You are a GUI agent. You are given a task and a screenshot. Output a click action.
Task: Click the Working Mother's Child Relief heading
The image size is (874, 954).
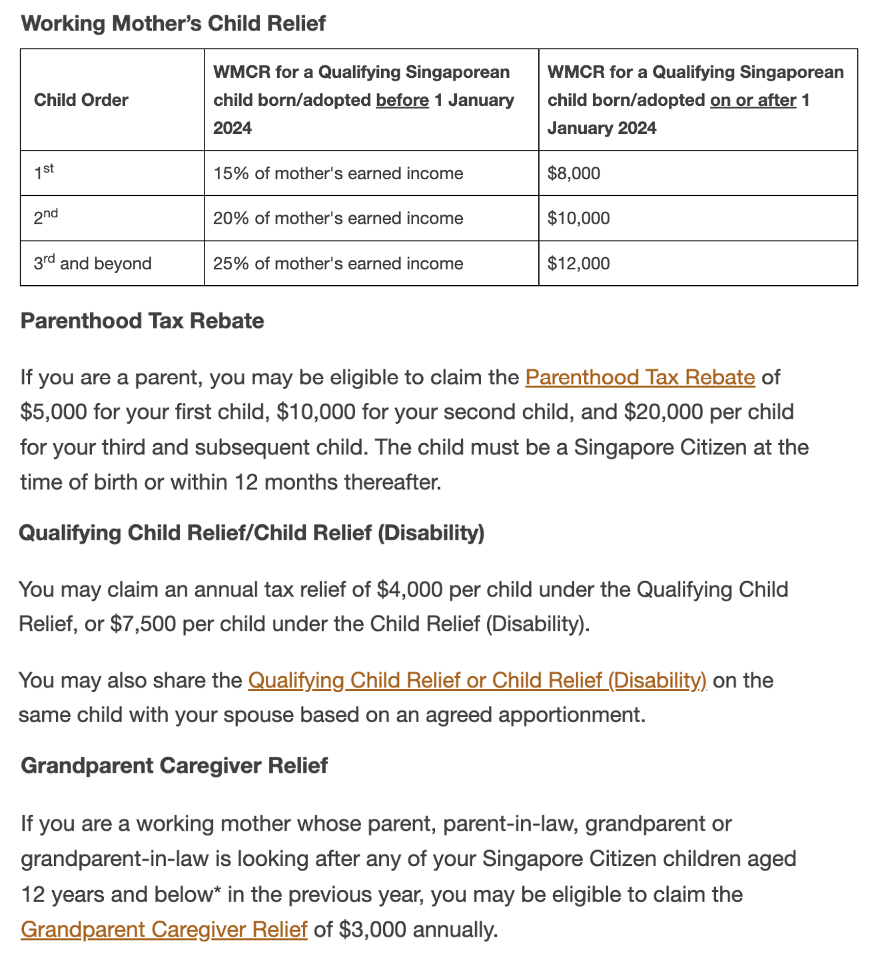coord(173,23)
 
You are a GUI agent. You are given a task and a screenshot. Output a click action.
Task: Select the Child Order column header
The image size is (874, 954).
coord(81,100)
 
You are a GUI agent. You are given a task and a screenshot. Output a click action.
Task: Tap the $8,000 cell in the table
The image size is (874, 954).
coord(574,173)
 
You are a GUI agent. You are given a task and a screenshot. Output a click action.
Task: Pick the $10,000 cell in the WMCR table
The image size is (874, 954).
coord(578,218)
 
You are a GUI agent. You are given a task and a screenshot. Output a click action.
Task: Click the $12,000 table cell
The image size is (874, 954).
coord(578,263)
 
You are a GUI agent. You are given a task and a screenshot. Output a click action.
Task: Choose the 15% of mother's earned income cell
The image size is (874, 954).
coord(338,173)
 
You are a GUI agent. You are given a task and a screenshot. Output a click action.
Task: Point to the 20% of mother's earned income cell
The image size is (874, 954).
coord(338,218)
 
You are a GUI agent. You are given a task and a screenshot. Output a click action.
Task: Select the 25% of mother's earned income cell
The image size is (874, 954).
coord(338,263)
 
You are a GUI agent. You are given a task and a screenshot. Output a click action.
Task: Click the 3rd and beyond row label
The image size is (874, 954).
coord(93,263)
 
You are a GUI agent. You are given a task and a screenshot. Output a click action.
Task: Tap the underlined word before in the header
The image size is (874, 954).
coord(402,100)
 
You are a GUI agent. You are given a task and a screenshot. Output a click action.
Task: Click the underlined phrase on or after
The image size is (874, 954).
coord(753,100)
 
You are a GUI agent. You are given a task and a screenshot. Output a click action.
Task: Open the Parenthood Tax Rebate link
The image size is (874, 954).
coord(640,377)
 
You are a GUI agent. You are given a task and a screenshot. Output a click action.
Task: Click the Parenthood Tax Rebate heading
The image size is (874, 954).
coord(142,320)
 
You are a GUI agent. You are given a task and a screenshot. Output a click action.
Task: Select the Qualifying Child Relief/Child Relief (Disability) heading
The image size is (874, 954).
coord(251,533)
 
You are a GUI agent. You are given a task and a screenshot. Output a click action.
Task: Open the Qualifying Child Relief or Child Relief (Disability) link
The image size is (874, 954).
coord(476,680)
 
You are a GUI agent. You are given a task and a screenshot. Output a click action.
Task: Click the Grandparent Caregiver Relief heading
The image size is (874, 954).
coord(174,765)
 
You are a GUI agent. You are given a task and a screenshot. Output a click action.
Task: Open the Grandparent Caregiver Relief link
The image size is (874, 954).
coord(164,929)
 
